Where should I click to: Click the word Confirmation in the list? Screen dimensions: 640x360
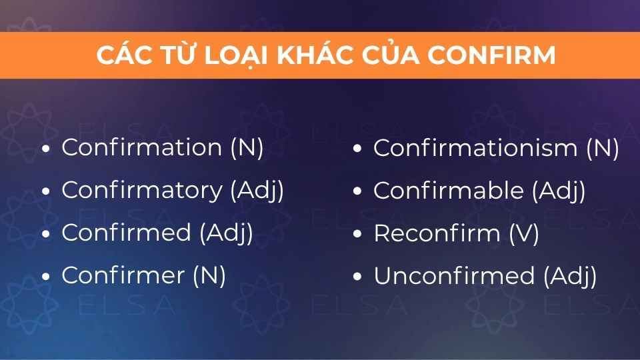pyautogui.click(x=141, y=147)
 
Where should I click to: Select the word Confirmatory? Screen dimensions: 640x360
pyautogui.click(x=142, y=191)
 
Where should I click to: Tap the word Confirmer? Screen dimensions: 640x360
pyautogui.click(x=123, y=275)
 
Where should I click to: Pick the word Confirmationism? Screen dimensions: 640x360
pyautogui.click(x=475, y=148)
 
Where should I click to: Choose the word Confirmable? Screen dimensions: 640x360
pyautogui.click(x=449, y=190)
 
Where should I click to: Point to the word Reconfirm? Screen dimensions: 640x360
pyautogui.click(x=437, y=233)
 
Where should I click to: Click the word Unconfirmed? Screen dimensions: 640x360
pyautogui.click(x=454, y=275)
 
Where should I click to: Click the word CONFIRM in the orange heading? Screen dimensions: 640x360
pyautogui.click(x=491, y=55)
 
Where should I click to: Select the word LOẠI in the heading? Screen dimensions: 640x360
pyautogui.click(x=235, y=56)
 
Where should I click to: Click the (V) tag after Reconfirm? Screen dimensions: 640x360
pyautogui.click(x=524, y=234)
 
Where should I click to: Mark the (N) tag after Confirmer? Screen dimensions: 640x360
pyautogui.click(x=209, y=275)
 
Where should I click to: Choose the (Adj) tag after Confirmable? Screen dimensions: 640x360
pyautogui.click(x=559, y=191)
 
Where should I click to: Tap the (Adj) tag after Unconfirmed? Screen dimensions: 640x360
pyautogui.click(x=570, y=276)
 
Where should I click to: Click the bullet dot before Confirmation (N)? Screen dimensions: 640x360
pyautogui.click(x=46, y=148)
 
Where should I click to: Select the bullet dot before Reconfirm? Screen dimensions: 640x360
pyautogui.click(x=357, y=234)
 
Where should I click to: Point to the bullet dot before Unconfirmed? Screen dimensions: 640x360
pyautogui.click(x=357, y=276)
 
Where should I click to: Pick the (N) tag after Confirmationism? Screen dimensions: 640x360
pyautogui.click(x=603, y=148)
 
